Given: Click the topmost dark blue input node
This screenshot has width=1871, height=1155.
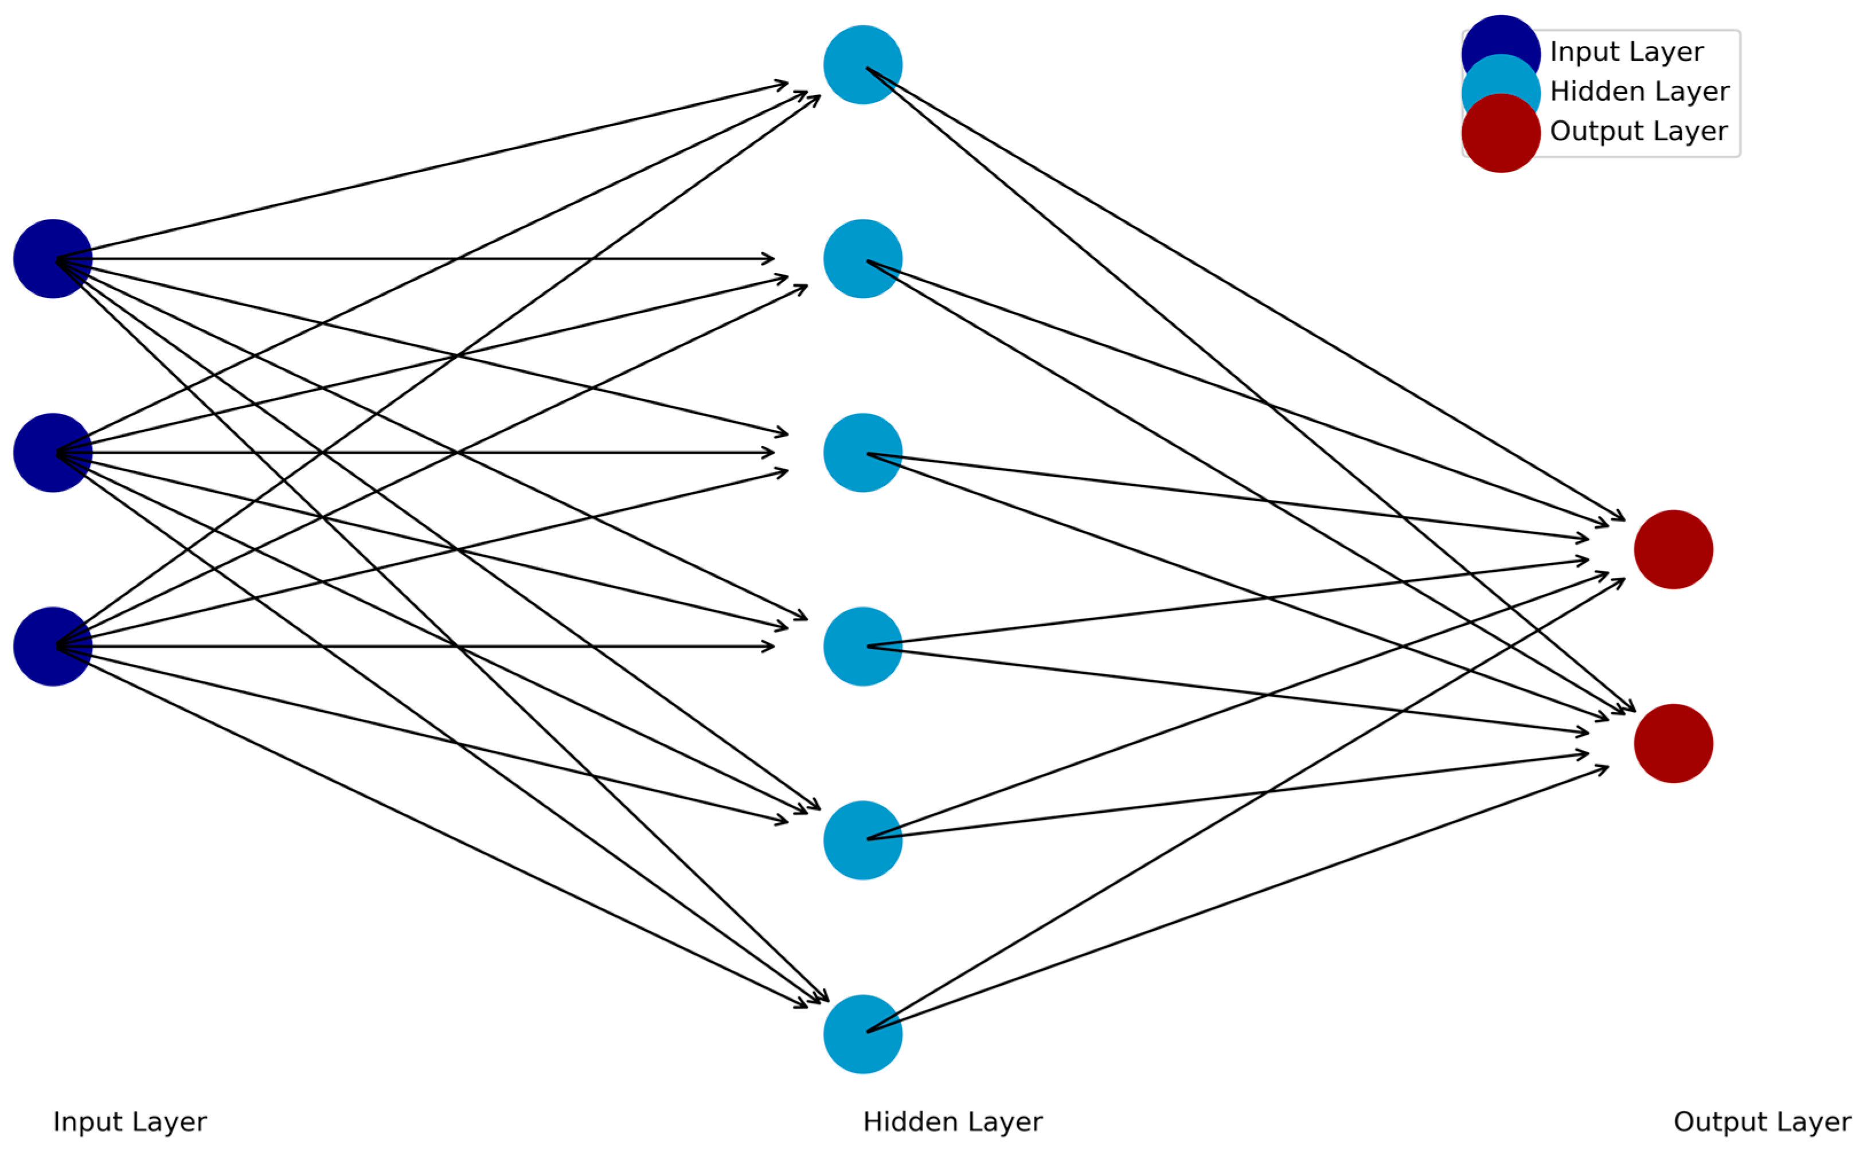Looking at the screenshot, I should (x=53, y=259).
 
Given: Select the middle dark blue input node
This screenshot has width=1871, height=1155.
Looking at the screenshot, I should (x=53, y=453).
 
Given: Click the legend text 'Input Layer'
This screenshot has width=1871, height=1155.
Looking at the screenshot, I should (x=1627, y=52).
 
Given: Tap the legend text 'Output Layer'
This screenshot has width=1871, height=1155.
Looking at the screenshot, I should (x=1639, y=131).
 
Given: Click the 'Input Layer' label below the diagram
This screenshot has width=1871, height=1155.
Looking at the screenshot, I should (x=130, y=1122).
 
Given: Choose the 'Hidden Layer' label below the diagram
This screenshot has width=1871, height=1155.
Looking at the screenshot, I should (x=952, y=1122).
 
